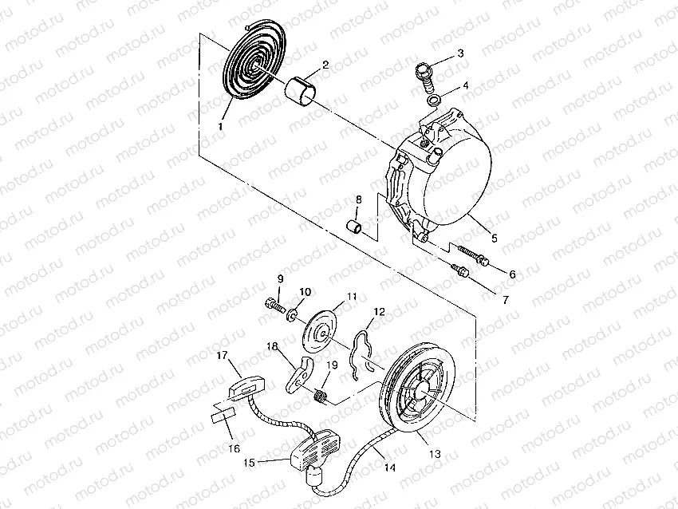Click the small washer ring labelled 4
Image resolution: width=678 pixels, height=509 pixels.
coord(433,99)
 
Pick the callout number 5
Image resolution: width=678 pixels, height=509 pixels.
coord(494,237)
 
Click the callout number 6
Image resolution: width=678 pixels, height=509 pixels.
coord(512,274)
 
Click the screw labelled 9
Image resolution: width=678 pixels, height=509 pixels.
coord(274,304)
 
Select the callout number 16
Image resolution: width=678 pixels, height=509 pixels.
coord(234,448)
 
